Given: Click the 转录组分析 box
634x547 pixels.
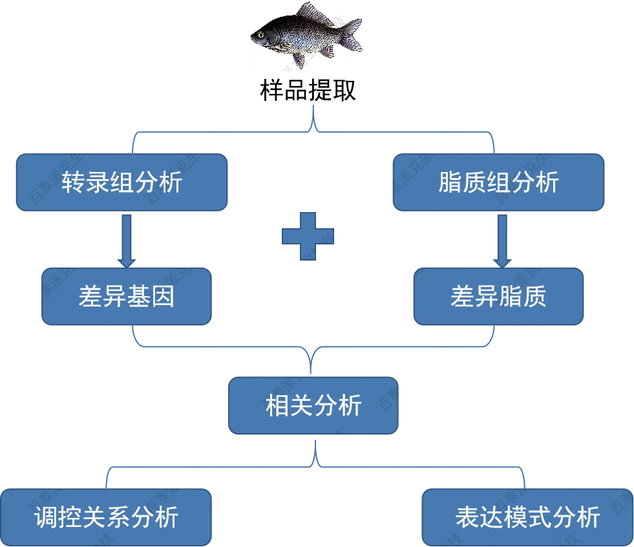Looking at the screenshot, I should click(x=122, y=182).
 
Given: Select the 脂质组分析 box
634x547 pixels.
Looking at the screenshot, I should click(x=498, y=182).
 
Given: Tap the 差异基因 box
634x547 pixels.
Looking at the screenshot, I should click(x=127, y=297).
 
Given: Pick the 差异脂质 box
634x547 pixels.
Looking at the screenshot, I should click(x=498, y=297).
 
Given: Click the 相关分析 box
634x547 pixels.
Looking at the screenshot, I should click(x=313, y=406).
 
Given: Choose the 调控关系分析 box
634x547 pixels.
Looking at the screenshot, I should click(x=105, y=517).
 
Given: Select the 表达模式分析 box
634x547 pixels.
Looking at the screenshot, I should click(x=527, y=517).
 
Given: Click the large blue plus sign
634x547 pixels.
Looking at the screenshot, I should click(x=308, y=236).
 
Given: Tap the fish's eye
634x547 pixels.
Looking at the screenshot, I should click(x=262, y=34).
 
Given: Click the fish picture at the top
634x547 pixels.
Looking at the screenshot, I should click(x=308, y=36).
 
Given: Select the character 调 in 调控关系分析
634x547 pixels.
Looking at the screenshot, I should click(x=46, y=518).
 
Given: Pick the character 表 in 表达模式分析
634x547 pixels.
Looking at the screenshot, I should click(x=467, y=518).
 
